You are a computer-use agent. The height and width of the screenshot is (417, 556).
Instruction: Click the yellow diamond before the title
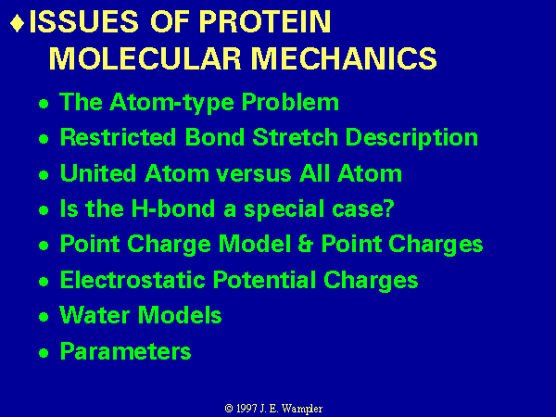tap(18, 22)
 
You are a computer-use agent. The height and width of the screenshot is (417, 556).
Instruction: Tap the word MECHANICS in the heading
tap(344, 58)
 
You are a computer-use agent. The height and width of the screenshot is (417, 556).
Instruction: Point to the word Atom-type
tap(171, 103)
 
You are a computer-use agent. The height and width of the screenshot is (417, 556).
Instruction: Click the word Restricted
tap(118, 136)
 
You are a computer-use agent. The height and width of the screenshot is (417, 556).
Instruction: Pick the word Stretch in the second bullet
tap(295, 136)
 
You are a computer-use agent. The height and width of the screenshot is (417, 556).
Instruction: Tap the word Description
tap(411, 138)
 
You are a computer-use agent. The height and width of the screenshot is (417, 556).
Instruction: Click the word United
tap(98, 173)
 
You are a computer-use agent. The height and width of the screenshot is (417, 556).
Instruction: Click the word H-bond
tap(173, 208)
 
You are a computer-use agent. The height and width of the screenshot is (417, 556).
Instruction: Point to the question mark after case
tap(388, 208)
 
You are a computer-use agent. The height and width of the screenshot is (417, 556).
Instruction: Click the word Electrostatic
tap(133, 280)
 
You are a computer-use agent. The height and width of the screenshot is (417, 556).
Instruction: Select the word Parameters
tap(125, 351)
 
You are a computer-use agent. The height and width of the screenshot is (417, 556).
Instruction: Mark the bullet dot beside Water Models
tap(44, 317)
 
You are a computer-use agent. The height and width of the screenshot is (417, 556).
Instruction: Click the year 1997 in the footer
tap(246, 409)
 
